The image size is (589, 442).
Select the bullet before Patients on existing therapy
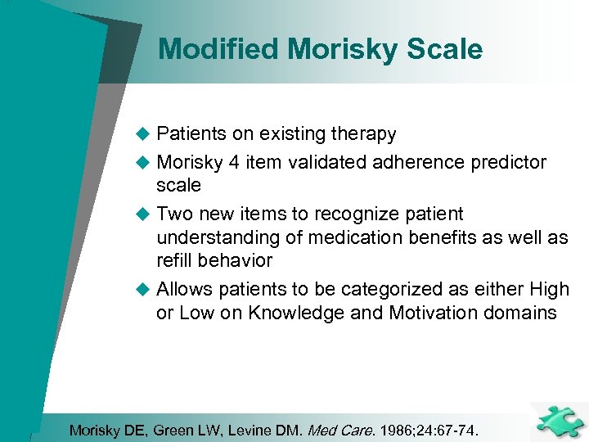(142, 134)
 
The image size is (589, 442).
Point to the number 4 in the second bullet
(234, 162)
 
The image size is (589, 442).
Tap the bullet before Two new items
(142, 214)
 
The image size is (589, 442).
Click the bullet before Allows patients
(142, 290)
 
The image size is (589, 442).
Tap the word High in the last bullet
(550, 290)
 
